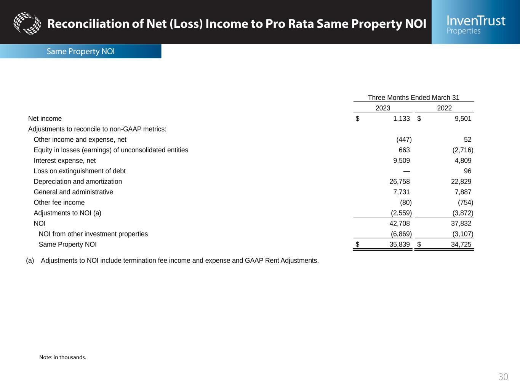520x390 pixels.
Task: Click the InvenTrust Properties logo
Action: (x=476, y=24)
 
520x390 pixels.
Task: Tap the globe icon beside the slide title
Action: (x=27, y=23)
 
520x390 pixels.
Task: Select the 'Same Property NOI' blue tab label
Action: (x=80, y=51)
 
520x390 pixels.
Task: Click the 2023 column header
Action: (x=383, y=108)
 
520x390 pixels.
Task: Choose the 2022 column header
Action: (x=444, y=108)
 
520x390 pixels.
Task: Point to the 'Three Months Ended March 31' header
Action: (x=413, y=97)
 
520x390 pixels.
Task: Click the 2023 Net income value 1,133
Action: (x=402, y=118)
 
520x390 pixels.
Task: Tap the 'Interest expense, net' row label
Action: (x=65, y=160)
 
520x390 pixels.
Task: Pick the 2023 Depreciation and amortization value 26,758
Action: (x=400, y=181)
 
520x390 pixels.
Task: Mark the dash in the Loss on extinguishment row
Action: (x=406, y=171)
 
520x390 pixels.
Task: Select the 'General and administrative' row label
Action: (x=74, y=192)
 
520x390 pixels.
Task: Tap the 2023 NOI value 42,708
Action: (x=400, y=223)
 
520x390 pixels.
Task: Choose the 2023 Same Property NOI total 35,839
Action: (x=400, y=244)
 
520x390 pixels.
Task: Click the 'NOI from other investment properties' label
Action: (x=93, y=234)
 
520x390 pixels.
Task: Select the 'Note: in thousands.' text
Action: (x=63, y=357)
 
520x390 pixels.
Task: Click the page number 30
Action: (x=503, y=377)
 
